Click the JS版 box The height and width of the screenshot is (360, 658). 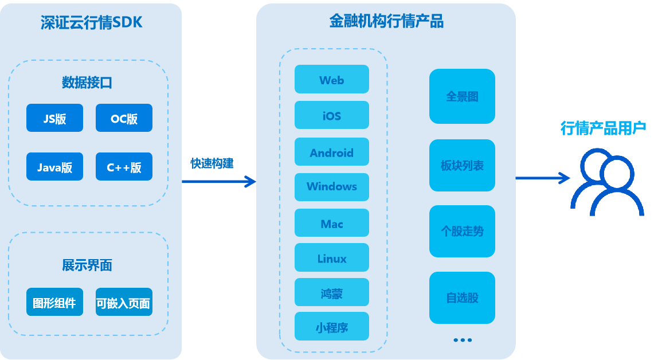[x=54, y=118]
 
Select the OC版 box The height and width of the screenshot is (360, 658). [x=124, y=118]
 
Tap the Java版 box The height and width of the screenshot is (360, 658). [x=54, y=167]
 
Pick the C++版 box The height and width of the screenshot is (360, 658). [x=124, y=167]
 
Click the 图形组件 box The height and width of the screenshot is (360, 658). [x=54, y=302]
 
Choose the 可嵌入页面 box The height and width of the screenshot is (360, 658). [x=124, y=302]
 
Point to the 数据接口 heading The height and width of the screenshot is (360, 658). [x=87, y=83]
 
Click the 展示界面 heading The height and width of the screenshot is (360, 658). [x=87, y=265]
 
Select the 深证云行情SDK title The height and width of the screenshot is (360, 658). [x=91, y=22]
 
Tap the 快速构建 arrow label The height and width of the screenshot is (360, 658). [x=212, y=163]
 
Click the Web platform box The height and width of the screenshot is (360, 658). [x=331, y=79]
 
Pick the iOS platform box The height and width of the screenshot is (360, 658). [x=331, y=115]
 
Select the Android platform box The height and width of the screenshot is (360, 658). [x=331, y=152]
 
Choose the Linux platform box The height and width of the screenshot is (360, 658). [x=331, y=258]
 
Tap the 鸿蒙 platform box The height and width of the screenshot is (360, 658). [x=331, y=294]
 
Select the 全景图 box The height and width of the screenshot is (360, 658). [x=462, y=96]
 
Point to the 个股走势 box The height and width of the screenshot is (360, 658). [x=462, y=231]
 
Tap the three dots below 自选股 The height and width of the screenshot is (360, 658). [x=462, y=340]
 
